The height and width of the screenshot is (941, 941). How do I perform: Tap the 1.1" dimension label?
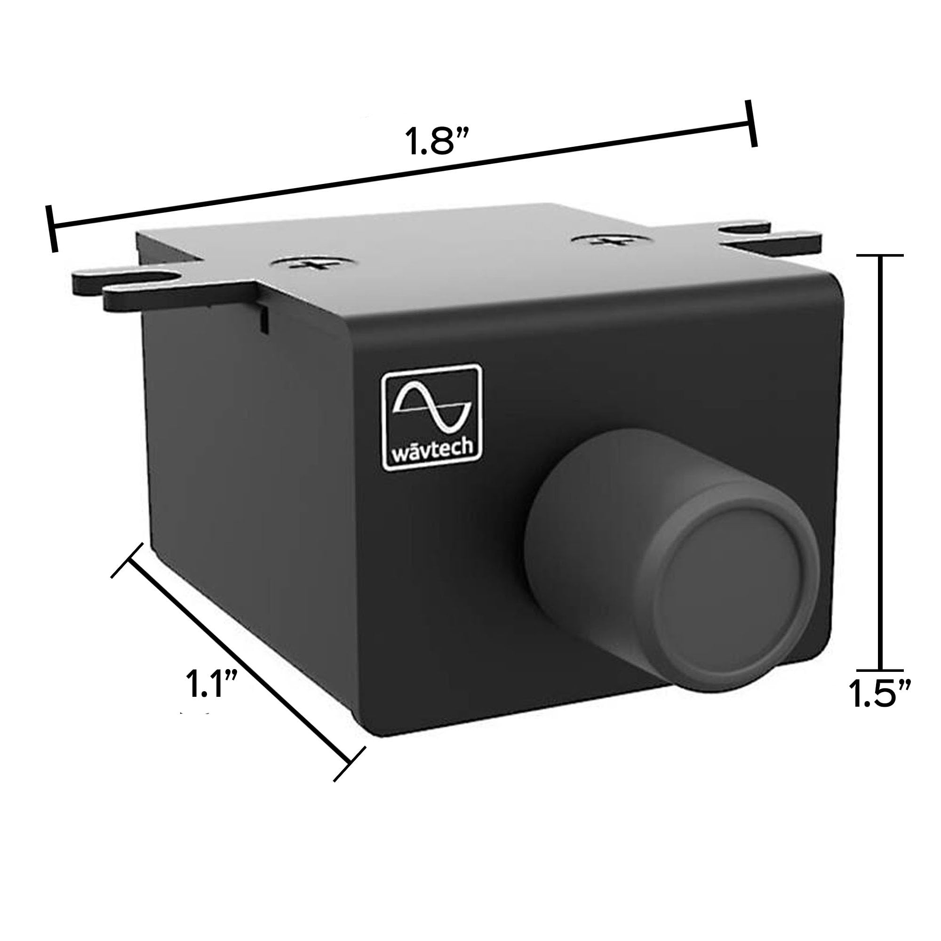pos(211,683)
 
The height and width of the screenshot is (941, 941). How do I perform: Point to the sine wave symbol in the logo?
pos(431,407)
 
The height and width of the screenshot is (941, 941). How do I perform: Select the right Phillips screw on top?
pos(606,240)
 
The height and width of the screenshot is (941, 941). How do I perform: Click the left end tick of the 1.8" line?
pos(52,229)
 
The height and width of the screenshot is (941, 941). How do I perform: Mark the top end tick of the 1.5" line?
pos(880,255)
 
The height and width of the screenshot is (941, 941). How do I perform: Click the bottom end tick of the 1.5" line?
pos(880,670)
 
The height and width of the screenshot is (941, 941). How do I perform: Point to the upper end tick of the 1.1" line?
pos(128,560)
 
